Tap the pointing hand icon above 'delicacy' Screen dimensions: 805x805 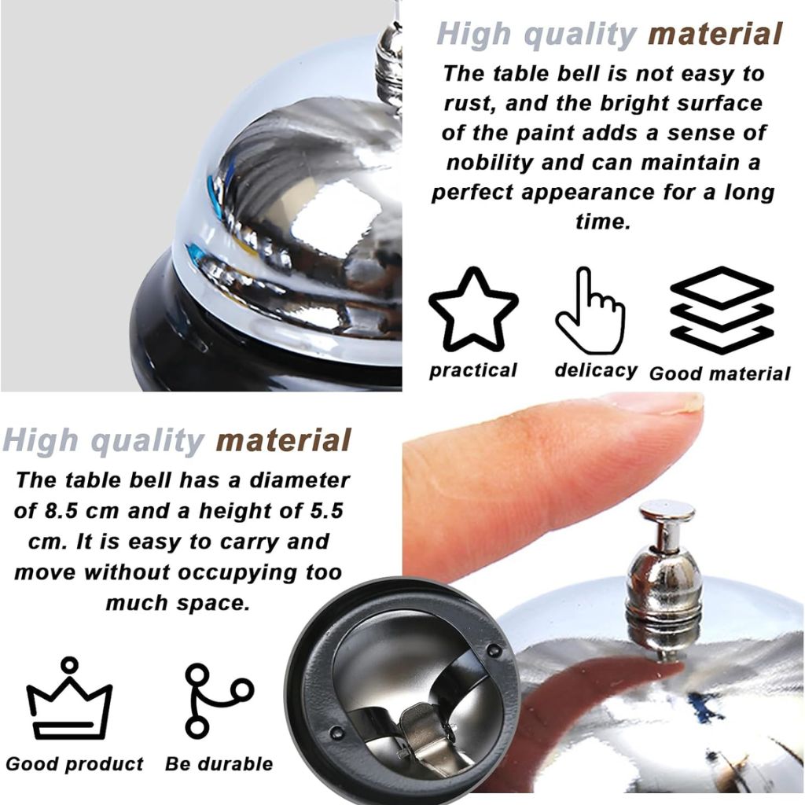coord(590,311)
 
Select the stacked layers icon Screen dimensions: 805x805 coord(722,310)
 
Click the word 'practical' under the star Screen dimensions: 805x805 coord(472,371)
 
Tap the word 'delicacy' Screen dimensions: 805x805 coord(596,370)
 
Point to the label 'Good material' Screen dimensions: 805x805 coord(720,373)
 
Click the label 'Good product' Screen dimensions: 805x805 coord(75,763)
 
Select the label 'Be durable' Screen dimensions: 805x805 coord(219,763)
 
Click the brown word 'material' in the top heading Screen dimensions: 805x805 coord(715,34)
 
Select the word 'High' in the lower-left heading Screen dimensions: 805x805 coord(41,440)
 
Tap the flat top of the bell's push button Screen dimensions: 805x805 coord(667,509)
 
